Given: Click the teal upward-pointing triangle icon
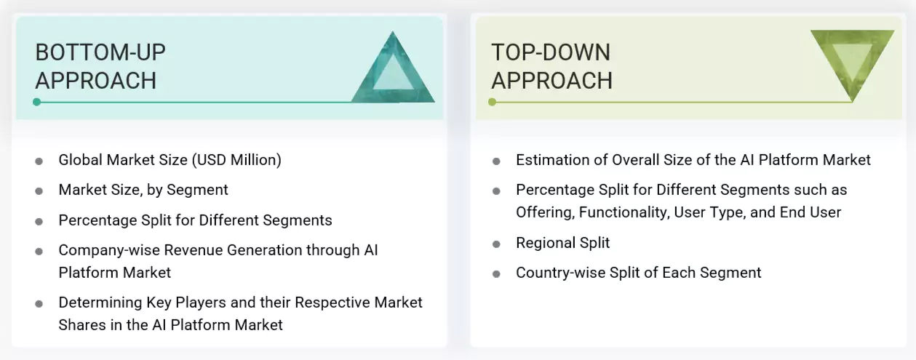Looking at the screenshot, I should point(393,73).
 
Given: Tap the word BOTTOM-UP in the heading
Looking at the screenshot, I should point(100,52).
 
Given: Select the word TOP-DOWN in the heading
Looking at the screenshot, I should point(551,52).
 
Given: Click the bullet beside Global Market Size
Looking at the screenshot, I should point(39,161).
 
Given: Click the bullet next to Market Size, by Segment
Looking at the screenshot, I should point(39,191).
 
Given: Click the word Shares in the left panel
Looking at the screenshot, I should point(81,325).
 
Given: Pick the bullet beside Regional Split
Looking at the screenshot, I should point(496,244).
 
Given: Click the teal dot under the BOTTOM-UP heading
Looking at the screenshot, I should point(36,102).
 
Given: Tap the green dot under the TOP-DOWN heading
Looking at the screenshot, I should point(492,102).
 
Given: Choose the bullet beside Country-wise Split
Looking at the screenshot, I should point(496,274).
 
